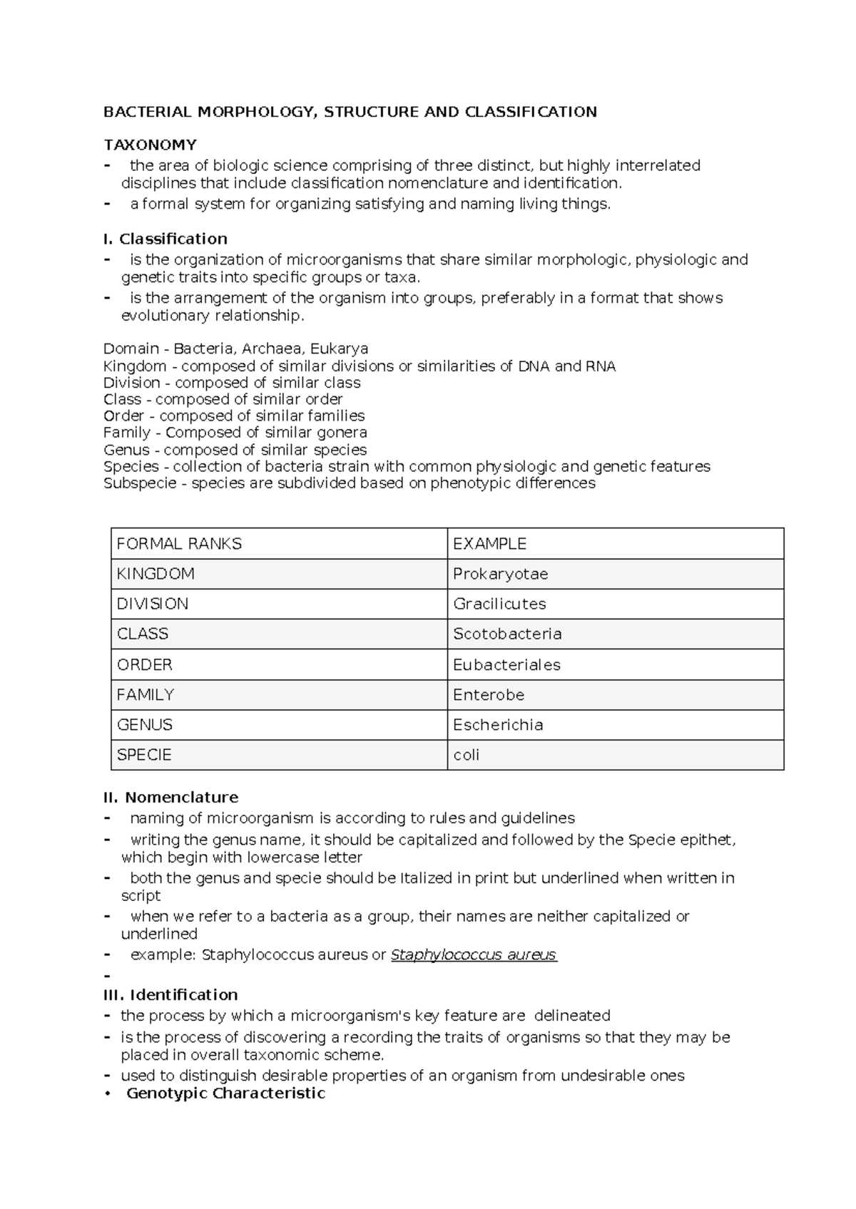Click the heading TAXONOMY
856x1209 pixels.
[150, 145]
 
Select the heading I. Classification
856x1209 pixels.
[165, 239]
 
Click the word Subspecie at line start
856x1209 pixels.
[131, 483]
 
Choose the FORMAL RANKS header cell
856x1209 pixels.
[179, 544]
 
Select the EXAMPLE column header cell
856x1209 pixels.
[489, 544]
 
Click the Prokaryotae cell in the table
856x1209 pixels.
[500, 574]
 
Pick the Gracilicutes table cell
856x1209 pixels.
[499, 604]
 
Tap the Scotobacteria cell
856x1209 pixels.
[507, 634]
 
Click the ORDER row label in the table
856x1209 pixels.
[145, 664]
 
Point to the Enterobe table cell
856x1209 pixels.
[489, 694]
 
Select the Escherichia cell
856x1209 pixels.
[498, 724]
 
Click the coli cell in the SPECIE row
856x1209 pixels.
[467, 755]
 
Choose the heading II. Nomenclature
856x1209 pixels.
[171, 797]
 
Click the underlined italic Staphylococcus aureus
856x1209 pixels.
[474, 955]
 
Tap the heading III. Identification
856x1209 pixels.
[171, 994]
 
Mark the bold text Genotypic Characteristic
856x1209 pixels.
[225, 1093]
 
